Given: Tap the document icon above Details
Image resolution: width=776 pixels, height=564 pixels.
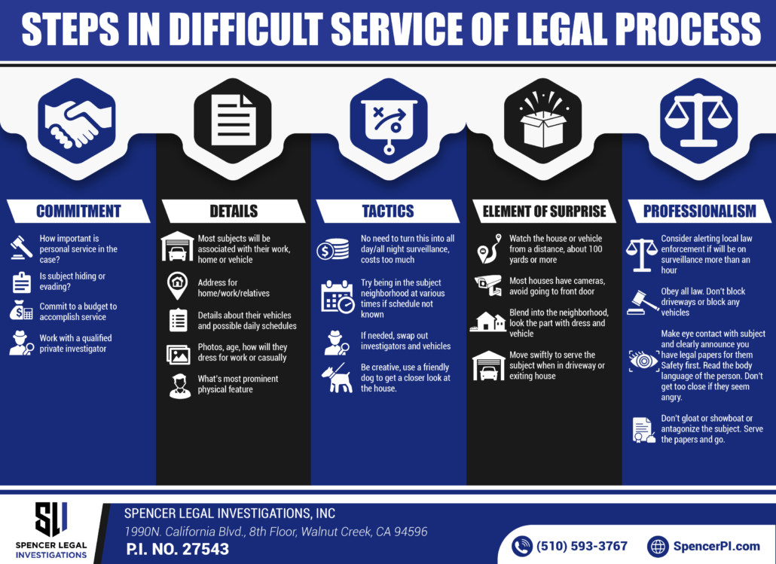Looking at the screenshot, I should tap(232, 120).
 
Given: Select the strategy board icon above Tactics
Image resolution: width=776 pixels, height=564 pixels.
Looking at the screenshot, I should tap(388, 121).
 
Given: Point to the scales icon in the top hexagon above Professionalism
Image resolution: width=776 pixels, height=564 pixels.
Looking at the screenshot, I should tap(698, 120).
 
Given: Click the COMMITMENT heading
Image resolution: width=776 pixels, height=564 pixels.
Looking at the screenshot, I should tap(78, 212).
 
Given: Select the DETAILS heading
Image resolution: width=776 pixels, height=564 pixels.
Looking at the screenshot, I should tap(234, 212).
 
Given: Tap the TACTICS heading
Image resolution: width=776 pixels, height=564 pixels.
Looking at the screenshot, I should tap(388, 212).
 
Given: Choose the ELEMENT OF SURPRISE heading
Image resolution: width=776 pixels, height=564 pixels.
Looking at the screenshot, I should tap(543, 212).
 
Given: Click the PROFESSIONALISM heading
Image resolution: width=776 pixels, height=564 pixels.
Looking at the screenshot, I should tap(698, 212).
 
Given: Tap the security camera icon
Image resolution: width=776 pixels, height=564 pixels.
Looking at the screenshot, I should tap(487, 284).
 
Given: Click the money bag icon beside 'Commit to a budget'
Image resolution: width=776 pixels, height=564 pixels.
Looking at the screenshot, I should tap(22, 310).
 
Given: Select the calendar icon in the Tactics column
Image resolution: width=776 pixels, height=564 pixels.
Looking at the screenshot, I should tap(336, 296).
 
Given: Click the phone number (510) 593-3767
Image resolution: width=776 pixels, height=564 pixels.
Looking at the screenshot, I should tap(581, 546).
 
